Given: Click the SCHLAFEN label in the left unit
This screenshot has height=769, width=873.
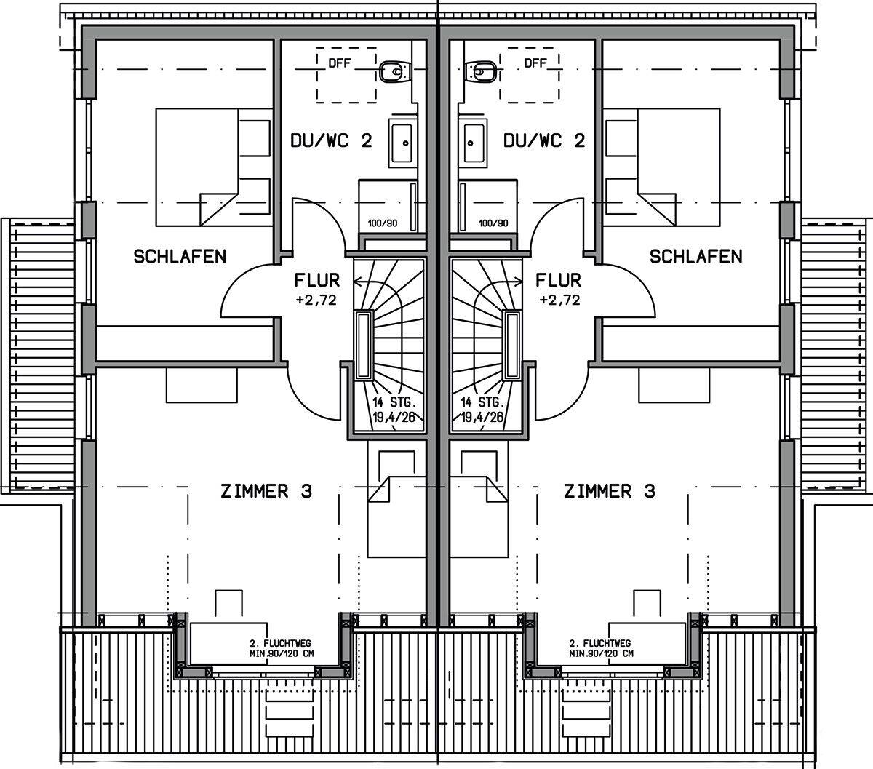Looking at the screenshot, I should pyautogui.click(x=180, y=256).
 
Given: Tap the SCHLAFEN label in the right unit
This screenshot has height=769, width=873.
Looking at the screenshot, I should pyautogui.click(x=696, y=256).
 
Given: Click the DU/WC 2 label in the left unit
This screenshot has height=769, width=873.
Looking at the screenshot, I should pyautogui.click(x=332, y=140).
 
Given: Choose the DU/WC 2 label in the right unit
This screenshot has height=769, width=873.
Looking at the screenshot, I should pyautogui.click(x=544, y=140).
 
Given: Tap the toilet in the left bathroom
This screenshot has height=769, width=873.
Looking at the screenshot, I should pyautogui.click(x=394, y=71).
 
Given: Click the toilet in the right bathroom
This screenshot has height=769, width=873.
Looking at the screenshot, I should pyautogui.click(x=481, y=71).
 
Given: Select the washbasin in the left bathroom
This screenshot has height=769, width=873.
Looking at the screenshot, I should pyautogui.click(x=402, y=141).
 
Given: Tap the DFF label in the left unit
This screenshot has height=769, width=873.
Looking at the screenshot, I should pyautogui.click(x=339, y=63).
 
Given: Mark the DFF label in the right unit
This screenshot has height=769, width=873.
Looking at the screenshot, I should pyautogui.click(x=535, y=63).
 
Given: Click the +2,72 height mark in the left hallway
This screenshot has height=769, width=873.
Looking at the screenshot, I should pyautogui.click(x=316, y=300).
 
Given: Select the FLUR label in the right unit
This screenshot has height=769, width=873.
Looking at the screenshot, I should pyautogui.click(x=559, y=280).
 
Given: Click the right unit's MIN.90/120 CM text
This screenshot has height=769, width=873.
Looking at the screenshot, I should pyautogui.click(x=600, y=653).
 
